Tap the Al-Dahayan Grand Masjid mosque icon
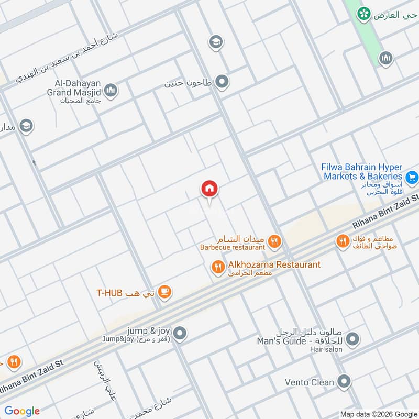pyautogui.click(x=111, y=91)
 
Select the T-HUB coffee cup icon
pyautogui.click(x=164, y=292)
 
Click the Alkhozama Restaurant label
pyautogui.click(x=273, y=264)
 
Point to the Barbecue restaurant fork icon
pyautogui.click(x=274, y=241)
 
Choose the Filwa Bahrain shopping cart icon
pyautogui.click(x=412, y=178)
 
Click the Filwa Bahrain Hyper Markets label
pyautogui.click(x=362, y=172)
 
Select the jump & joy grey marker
pyautogui.click(x=180, y=333)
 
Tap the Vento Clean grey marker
pyautogui.click(x=344, y=381)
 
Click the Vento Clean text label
pyautogui.click(x=309, y=382)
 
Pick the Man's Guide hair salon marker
pyautogui.click(x=352, y=339)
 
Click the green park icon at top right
pyautogui.click(x=362, y=14)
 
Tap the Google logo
pyautogui.click(x=22, y=411)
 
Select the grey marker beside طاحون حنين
pyautogui.click(x=223, y=81)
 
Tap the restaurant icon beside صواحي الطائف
pyautogui.click(x=342, y=241)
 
